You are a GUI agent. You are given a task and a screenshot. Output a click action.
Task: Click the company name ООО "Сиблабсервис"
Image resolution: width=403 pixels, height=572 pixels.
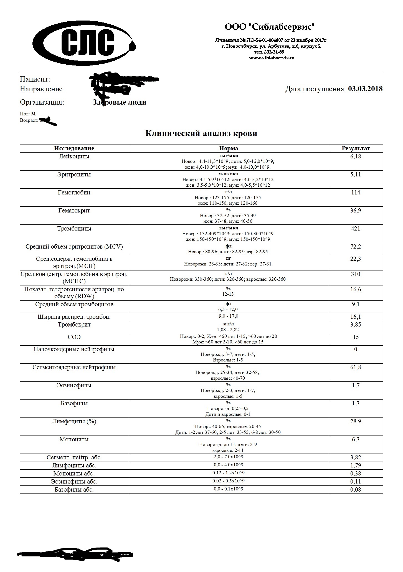click(x=270, y=27)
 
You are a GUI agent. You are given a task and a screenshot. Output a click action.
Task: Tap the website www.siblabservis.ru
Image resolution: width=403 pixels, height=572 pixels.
click(x=272, y=58)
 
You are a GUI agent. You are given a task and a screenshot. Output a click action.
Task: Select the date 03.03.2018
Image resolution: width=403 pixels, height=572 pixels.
click(x=365, y=89)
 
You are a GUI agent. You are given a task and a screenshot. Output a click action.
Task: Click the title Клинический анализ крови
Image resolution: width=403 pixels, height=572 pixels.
click(x=201, y=133)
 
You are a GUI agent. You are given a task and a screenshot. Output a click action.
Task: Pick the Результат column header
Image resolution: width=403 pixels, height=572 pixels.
click(x=356, y=148)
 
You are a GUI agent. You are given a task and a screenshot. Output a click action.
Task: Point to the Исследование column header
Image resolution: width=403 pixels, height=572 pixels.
click(x=74, y=148)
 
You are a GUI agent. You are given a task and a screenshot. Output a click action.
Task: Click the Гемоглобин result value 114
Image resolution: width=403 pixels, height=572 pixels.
click(x=356, y=193)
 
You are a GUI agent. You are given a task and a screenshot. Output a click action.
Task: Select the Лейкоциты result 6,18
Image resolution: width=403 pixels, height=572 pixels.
click(x=356, y=156)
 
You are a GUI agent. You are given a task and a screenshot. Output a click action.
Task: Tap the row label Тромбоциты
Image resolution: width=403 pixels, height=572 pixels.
click(x=74, y=229)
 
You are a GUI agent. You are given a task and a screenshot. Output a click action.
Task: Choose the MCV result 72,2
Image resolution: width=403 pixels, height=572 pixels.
click(x=356, y=247)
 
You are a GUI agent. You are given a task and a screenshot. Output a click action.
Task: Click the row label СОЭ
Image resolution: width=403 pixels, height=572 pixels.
click(x=74, y=337)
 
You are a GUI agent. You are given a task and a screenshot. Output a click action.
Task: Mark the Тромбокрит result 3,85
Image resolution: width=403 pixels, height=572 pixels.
click(x=356, y=325)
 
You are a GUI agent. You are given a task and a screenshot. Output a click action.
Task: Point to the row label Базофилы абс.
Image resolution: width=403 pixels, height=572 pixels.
click(x=74, y=490)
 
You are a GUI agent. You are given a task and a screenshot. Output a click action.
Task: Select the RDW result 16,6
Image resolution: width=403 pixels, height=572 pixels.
click(x=356, y=289)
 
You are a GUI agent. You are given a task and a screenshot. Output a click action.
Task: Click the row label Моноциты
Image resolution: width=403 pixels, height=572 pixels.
click(x=74, y=439)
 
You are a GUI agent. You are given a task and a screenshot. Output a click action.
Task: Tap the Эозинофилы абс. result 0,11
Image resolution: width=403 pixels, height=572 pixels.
click(x=356, y=482)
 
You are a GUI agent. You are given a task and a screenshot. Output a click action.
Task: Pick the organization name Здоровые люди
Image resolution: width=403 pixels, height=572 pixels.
click(x=119, y=102)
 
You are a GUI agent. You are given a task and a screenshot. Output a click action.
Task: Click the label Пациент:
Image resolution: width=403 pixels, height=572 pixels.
click(x=35, y=79)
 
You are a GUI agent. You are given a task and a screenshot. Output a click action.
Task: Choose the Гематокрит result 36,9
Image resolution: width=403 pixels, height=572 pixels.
click(x=356, y=211)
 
